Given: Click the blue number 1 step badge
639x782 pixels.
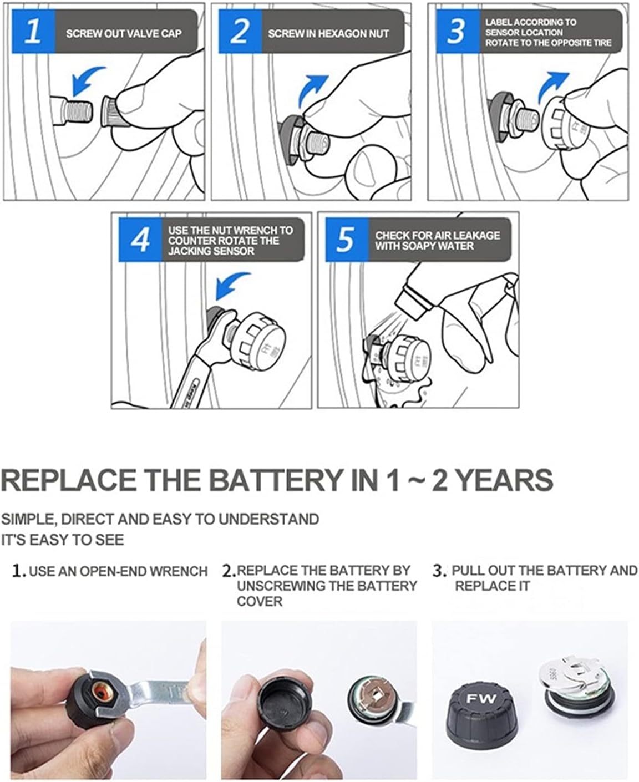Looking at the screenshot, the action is point(33,32).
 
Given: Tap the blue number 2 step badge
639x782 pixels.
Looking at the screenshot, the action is point(240,32).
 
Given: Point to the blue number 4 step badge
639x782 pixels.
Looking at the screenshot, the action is point(140,240).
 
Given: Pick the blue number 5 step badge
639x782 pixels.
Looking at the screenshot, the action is point(347,240).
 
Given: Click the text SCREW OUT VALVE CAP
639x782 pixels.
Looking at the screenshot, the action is point(124,34).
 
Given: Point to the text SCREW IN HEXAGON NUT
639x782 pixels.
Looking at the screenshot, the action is point(328,34).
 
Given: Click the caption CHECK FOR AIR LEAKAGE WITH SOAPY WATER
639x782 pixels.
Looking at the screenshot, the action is point(437,241).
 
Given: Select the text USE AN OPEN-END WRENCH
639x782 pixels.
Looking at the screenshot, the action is point(118,571).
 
